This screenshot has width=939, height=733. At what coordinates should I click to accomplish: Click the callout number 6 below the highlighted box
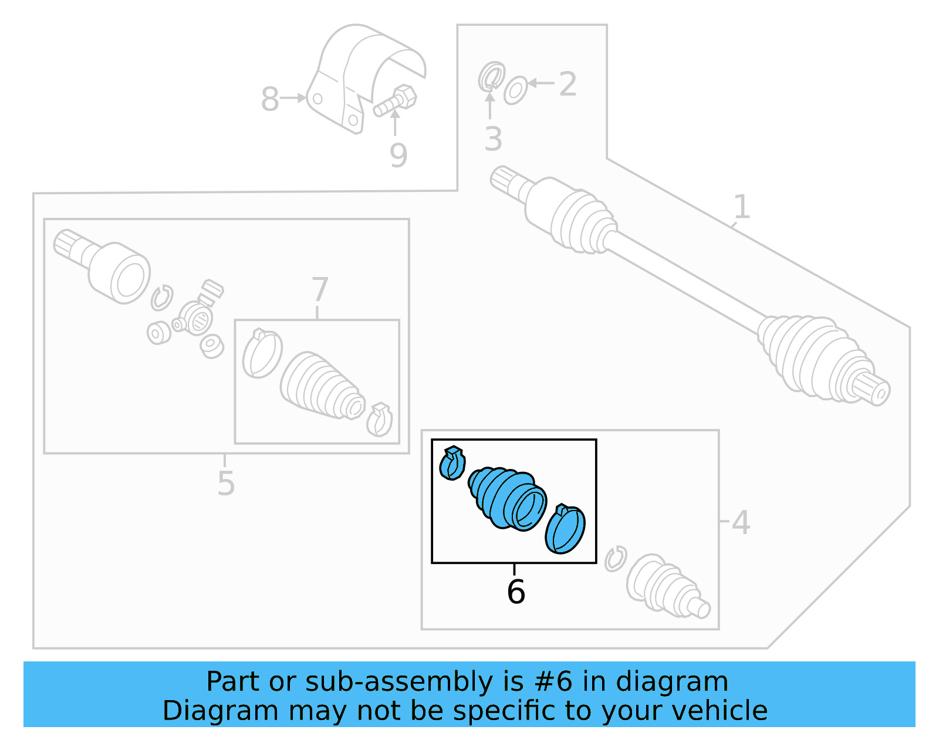pyautogui.click(x=515, y=592)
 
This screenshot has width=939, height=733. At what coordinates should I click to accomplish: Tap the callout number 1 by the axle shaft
pyautogui.click(x=742, y=206)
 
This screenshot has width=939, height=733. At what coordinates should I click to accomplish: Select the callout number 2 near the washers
pyautogui.click(x=568, y=85)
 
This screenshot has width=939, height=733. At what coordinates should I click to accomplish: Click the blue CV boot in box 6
pyautogui.click(x=507, y=498)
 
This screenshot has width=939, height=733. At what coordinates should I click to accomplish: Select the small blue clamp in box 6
pyautogui.click(x=452, y=462)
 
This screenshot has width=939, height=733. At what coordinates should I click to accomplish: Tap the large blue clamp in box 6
pyautogui.click(x=565, y=528)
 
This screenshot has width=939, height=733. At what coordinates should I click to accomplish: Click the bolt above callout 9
pyautogui.click(x=395, y=100)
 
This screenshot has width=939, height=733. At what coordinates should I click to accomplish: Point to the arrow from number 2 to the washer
pyautogui.click(x=541, y=83)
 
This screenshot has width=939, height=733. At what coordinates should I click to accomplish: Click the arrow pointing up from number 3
pyautogui.click(x=489, y=105)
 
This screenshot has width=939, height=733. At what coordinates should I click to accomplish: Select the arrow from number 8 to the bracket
pyautogui.click(x=293, y=98)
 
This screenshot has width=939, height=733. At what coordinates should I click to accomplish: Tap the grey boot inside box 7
pyautogui.click(x=322, y=386)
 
